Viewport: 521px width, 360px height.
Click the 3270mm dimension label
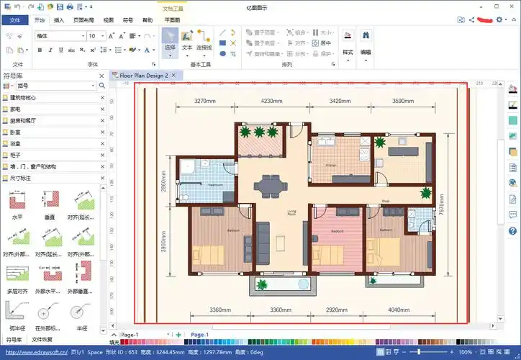[205, 102]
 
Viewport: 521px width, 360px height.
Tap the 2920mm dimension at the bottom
[337, 310]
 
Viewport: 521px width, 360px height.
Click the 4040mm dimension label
[399, 310]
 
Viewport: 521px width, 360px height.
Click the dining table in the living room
[269, 186]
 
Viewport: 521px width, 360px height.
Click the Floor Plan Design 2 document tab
[143, 75]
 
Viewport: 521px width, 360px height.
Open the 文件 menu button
[14, 20]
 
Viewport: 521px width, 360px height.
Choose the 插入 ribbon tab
[59, 20]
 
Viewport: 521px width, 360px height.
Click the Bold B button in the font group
[40, 50]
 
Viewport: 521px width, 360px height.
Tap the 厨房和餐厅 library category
[27, 120]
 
